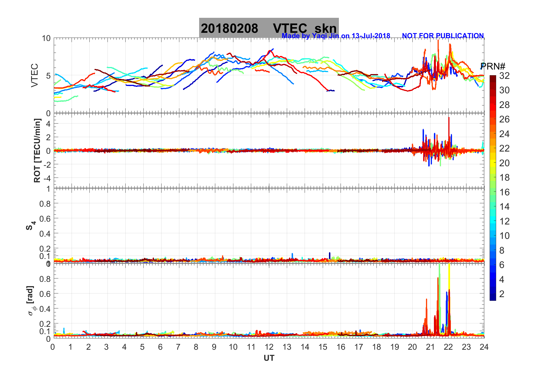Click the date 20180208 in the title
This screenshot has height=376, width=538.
point(229,29)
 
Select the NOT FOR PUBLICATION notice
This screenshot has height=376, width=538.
point(443,36)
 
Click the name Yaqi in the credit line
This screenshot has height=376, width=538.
point(319,36)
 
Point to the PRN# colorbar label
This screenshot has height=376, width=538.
point(493,66)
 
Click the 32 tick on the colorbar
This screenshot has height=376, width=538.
point(504,76)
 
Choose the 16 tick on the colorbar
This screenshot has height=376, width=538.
point(504,192)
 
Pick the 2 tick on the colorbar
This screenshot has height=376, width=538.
point(502,294)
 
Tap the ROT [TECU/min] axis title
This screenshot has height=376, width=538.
point(37,150)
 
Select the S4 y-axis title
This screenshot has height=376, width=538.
point(31,226)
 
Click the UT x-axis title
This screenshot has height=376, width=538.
point(269,358)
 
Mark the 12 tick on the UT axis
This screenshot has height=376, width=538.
point(269,347)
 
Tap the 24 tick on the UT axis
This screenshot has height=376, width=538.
point(484,347)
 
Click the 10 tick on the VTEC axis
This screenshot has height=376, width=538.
point(46,38)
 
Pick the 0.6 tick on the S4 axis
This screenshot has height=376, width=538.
point(45,219)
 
